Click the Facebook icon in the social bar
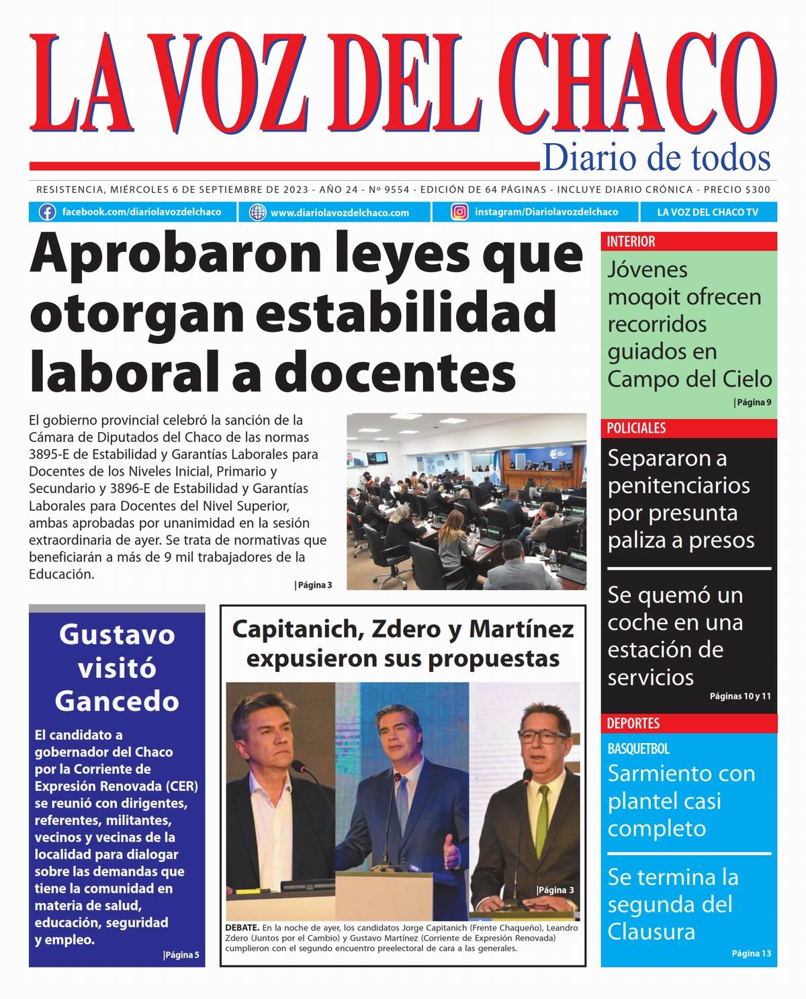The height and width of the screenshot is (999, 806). [x=47, y=212]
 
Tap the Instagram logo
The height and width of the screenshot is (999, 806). [x=459, y=212]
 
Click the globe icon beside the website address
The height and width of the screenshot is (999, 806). [x=257, y=212]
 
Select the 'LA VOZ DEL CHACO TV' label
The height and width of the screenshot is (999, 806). [x=707, y=212]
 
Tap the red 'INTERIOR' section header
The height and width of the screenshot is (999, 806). [x=631, y=242]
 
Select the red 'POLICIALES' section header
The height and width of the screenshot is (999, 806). [x=636, y=429]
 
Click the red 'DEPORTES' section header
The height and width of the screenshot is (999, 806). [x=633, y=724]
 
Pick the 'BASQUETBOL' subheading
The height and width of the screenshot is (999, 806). [x=638, y=748]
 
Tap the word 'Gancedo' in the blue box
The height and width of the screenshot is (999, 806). [x=117, y=701]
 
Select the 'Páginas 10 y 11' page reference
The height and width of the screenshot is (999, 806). [x=740, y=697]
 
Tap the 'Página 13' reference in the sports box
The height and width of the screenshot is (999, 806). [x=751, y=953]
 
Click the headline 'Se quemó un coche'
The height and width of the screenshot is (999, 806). [x=675, y=609]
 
